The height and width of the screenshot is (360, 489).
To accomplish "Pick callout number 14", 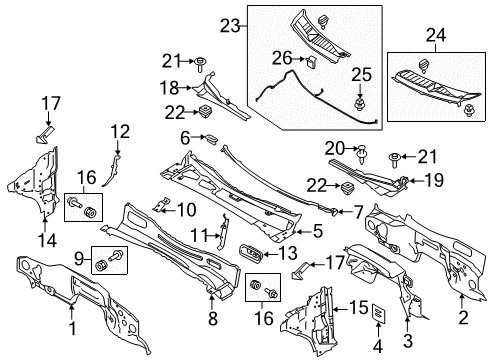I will [x=44, y=239].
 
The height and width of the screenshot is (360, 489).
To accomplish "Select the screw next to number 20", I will [x=362, y=152].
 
